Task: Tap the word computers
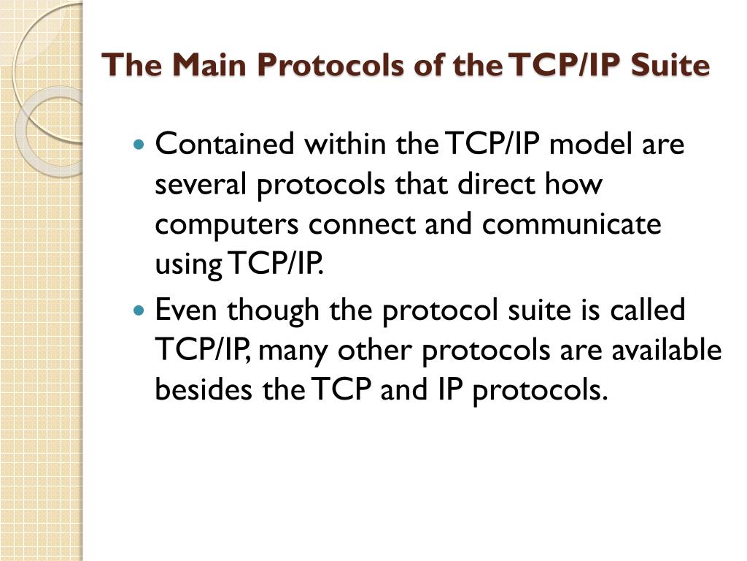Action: (225, 224)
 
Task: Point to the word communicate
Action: (571, 224)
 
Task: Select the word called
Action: (643, 310)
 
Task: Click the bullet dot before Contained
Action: (142, 145)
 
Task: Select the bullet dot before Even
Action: (142, 311)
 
